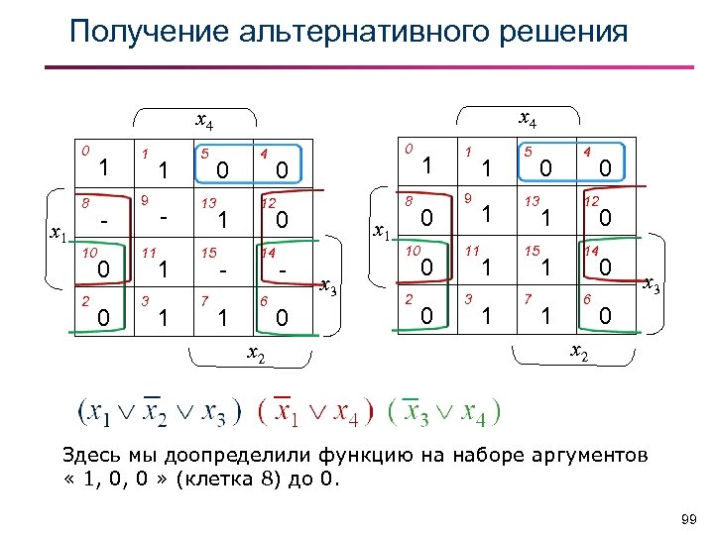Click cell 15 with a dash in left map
pos(223,266)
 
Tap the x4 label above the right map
pos(529,122)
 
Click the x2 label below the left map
pos(256,356)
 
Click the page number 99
pos(690,520)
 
